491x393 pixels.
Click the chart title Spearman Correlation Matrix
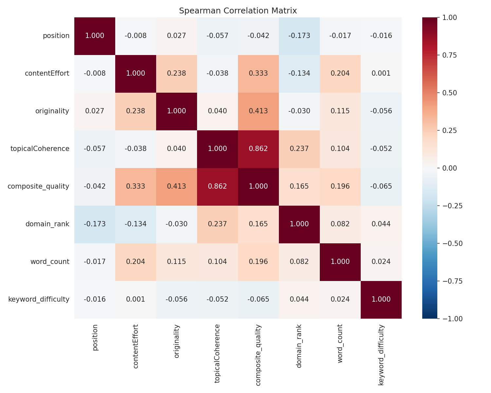pyautogui.click(x=238, y=11)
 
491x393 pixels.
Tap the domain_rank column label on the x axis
pyautogui.click(x=299, y=346)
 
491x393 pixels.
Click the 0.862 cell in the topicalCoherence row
pyautogui.click(x=258, y=149)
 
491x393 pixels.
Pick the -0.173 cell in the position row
pyautogui.click(x=299, y=36)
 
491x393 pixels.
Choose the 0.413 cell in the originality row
pyautogui.click(x=258, y=111)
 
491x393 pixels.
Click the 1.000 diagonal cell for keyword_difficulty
pyautogui.click(x=381, y=299)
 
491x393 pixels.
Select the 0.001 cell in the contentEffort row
pyautogui.click(x=381, y=73)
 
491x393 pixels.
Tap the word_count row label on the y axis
pyautogui.click(x=50, y=262)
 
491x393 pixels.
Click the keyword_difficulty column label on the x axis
pyautogui.click(x=381, y=355)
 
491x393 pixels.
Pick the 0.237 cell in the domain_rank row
pyautogui.click(x=217, y=224)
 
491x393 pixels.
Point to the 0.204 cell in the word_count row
pyautogui.click(x=136, y=262)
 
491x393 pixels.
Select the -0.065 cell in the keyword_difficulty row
pyautogui.click(x=258, y=299)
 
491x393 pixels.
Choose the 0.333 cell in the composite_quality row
pyautogui.click(x=136, y=186)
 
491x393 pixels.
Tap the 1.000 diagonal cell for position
pyautogui.click(x=95, y=36)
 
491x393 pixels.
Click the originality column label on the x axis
pyautogui.click(x=176, y=341)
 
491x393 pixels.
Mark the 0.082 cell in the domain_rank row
pyautogui.click(x=340, y=224)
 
